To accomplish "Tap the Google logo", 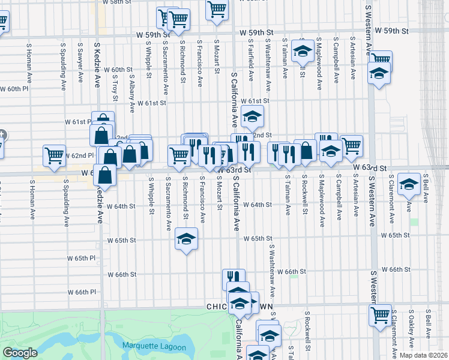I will (x=20, y=353).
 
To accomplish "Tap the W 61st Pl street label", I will (x=77, y=122).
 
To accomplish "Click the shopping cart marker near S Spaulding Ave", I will (x=55, y=155).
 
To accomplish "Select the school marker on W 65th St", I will (x=186, y=240).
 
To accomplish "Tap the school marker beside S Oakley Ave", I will (x=409, y=184).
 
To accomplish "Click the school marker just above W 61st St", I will (x=253, y=117).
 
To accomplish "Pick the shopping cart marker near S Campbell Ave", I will (x=351, y=145).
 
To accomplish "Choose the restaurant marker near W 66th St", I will (x=234, y=278).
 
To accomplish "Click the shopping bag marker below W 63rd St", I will (x=105, y=176).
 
